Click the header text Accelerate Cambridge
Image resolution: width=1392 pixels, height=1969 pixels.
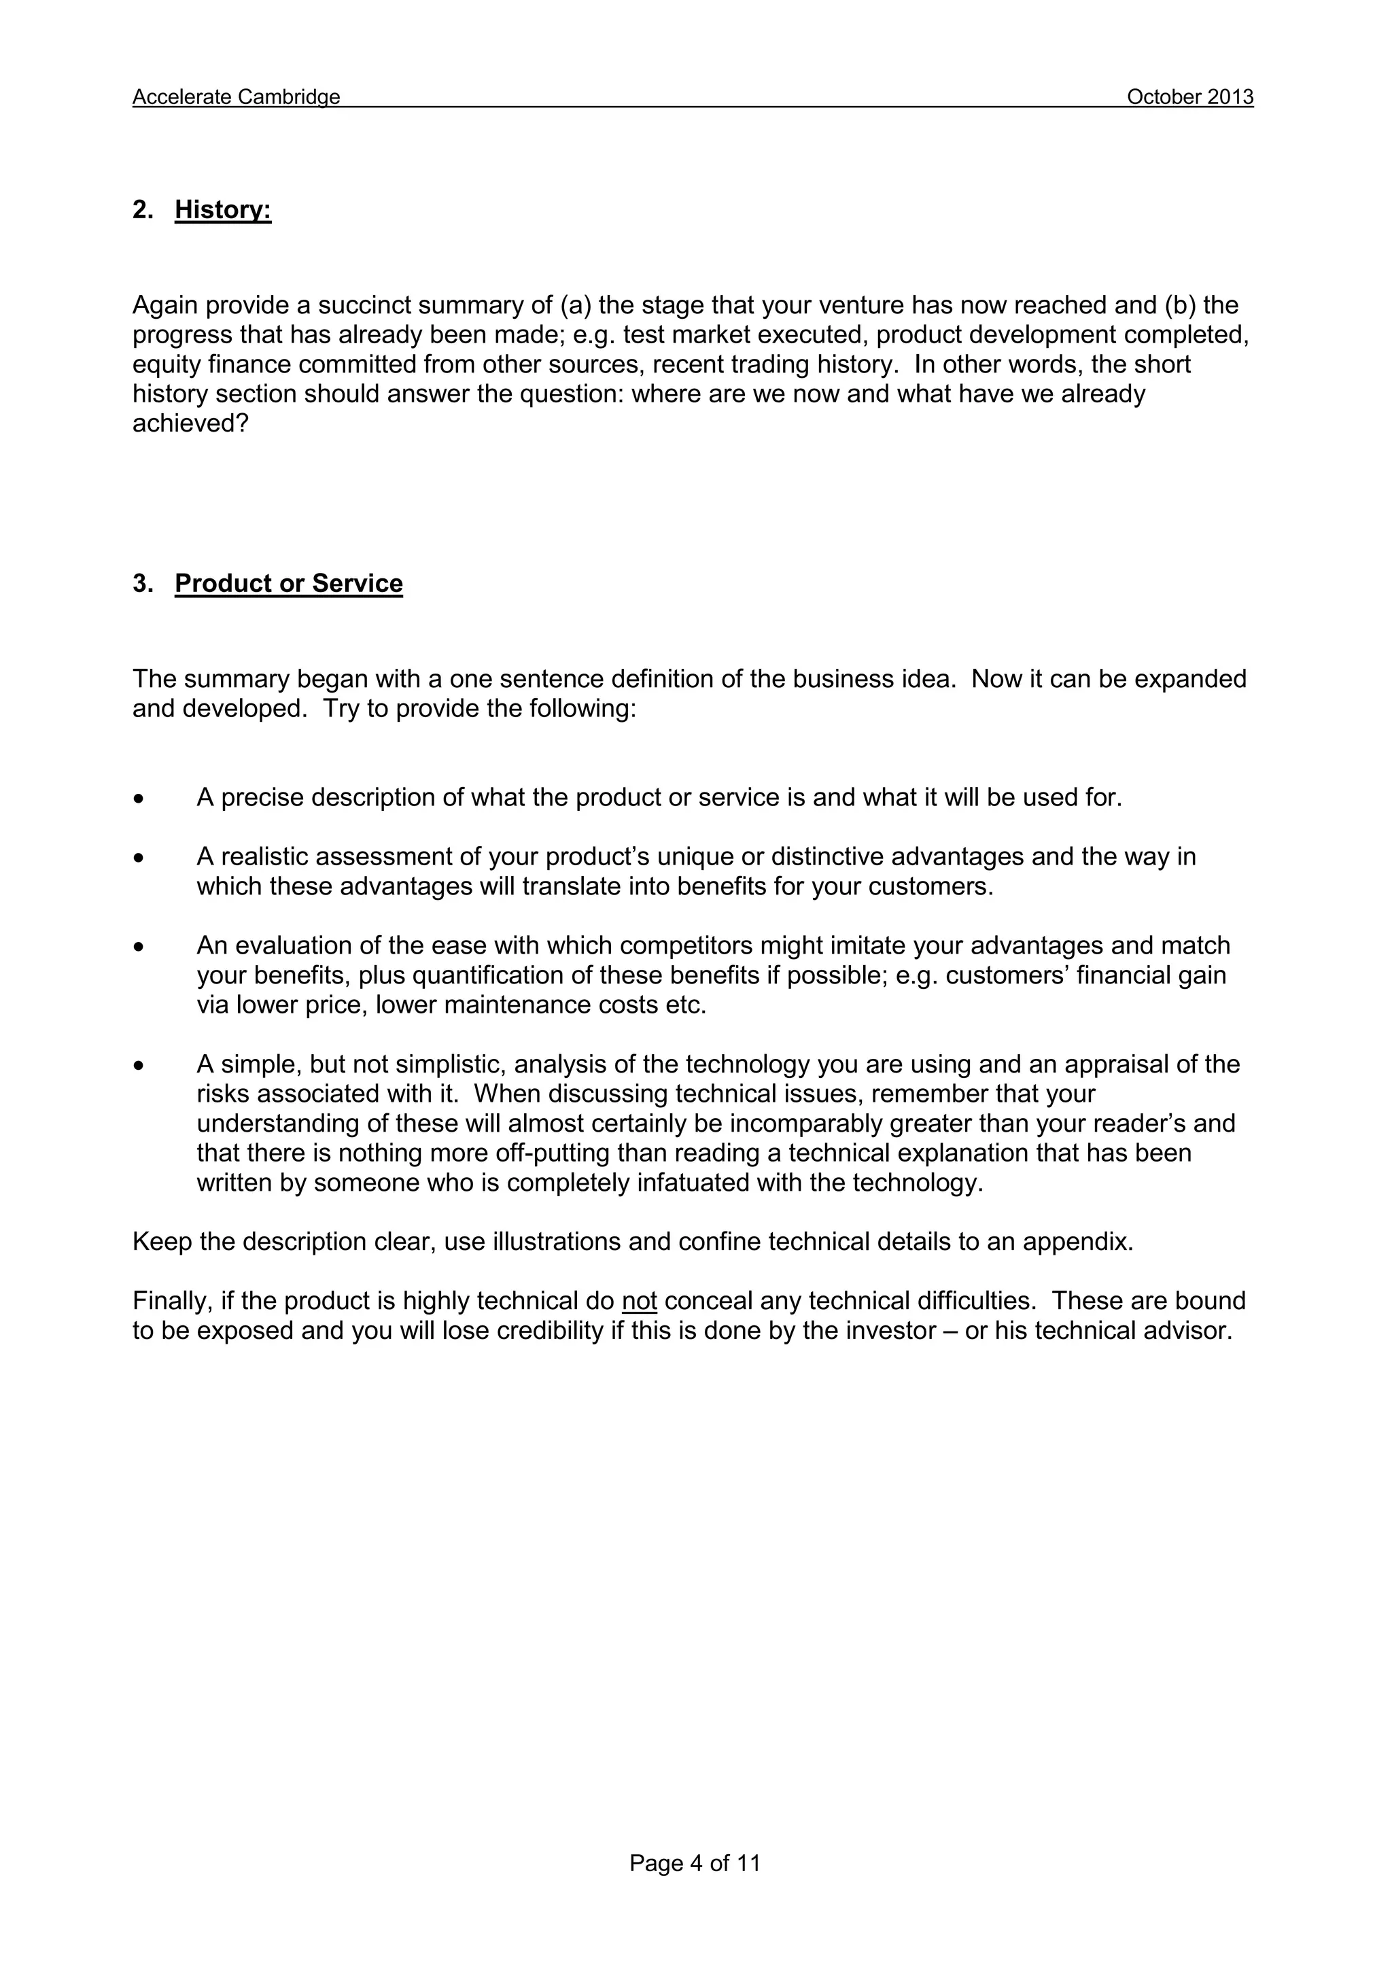pyautogui.click(x=236, y=97)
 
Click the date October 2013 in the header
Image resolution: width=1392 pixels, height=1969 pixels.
pyautogui.click(x=1189, y=97)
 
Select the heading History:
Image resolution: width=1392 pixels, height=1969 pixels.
pyautogui.click(x=223, y=209)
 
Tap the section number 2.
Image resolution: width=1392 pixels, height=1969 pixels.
pyautogui.click(x=141, y=209)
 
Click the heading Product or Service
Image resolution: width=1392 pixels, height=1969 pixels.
pyautogui.click(x=288, y=583)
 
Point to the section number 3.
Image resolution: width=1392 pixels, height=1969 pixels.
pyautogui.click(x=141, y=583)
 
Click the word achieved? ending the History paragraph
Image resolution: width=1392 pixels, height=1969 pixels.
pyautogui.click(x=190, y=423)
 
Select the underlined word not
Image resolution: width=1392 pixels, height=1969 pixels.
pyautogui.click(x=639, y=1301)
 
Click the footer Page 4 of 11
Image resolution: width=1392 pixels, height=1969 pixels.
pyautogui.click(x=695, y=1863)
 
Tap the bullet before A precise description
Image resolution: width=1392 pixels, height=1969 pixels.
pyautogui.click(x=138, y=799)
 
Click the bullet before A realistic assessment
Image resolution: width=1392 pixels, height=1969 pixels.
pyautogui.click(x=138, y=858)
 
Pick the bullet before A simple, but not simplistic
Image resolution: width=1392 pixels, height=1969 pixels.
pyautogui.click(x=138, y=1066)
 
